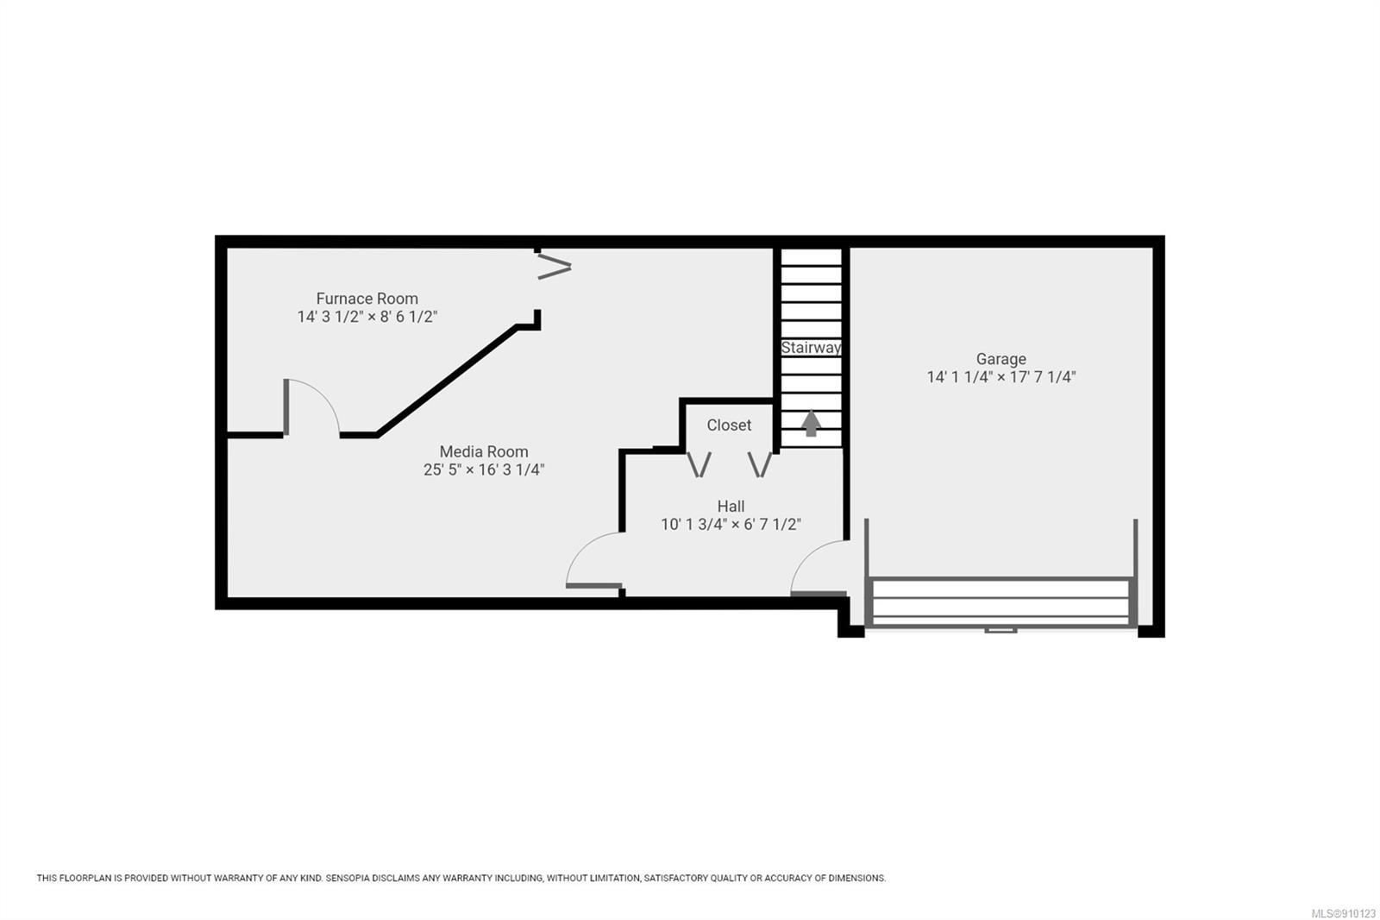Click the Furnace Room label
point(367,299)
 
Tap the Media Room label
point(484,451)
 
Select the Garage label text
point(1001,359)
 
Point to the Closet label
point(729,425)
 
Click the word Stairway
point(811,348)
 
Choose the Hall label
point(731,507)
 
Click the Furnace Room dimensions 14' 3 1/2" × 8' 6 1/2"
point(367,317)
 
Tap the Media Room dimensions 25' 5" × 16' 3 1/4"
point(484,469)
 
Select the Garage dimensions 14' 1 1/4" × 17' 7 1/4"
point(1001,377)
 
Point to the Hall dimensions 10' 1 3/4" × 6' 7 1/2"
point(731,524)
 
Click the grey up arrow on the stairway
point(812,424)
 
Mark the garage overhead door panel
point(1001,602)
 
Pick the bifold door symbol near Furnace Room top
point(555,267)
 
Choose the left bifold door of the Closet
point(699,464)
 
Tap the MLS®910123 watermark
point(1343,913)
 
